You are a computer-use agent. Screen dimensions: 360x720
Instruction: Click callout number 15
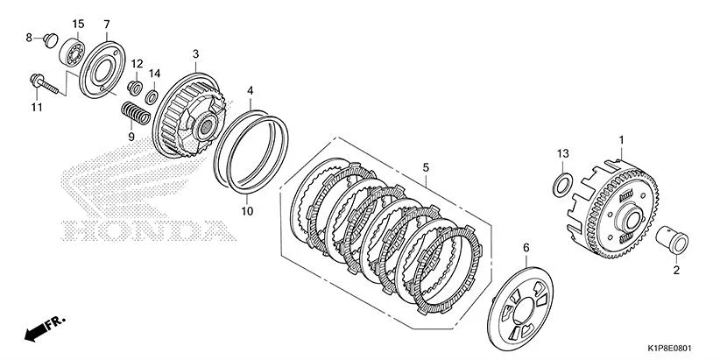pos(78,23)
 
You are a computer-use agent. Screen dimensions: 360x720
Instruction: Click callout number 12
pos(137,65)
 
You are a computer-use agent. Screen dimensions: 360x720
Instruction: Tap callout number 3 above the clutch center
pos(195,53)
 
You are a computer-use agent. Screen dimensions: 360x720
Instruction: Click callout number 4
pos(250,90)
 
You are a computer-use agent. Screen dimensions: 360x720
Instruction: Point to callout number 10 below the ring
pos(247,211)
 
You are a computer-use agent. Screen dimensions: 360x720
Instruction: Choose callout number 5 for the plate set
pos(426,166)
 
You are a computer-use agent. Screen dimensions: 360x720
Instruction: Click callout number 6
pos(526,249)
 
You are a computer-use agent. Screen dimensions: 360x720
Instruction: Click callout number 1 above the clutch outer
pos(621,139)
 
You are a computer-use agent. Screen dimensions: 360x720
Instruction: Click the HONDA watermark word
pos(147,232)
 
